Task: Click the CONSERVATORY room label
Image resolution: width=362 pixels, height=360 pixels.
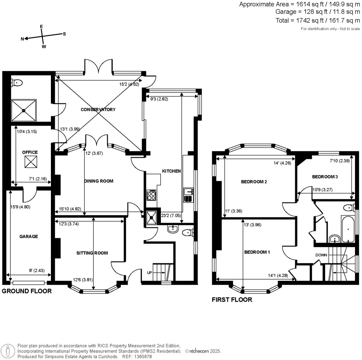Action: pyautogui.click(x=98, y=110)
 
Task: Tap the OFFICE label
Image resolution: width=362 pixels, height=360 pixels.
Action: pyautogui.click(x=30, y=152)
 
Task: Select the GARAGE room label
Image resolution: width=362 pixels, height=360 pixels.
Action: pyautogui.click(x=29, y=237)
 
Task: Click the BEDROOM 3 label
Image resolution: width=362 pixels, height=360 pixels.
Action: pyautogui.click(x=325, y=176)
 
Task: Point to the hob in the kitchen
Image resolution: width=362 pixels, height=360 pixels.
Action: pyautogui.click(x=151, y=195)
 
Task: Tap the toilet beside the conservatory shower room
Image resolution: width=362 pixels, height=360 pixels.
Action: pyautogui.click(x=17, y=82)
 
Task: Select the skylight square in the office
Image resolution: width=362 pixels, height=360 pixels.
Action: pyautogui.click(x=30, y=162)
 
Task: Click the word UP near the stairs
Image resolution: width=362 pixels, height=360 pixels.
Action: pyautogui.click(x=150, y=272)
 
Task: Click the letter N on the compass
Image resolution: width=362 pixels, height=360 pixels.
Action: pyautogui.click(x=22, y=39)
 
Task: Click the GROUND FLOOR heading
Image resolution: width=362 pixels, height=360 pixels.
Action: pyautogui.click(x=27, y=291)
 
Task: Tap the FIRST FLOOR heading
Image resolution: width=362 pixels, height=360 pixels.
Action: pyautogui.click(x=232, y=300)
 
